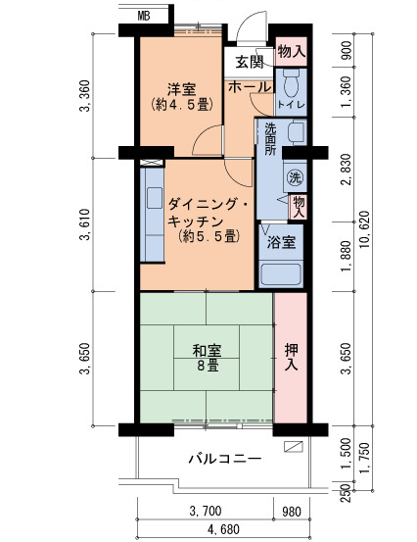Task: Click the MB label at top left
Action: (x=144, y=16)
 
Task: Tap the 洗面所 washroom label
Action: (x=270, y=139)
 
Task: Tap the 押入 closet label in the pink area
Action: (x=291, y=357)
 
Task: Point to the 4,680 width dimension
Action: (x=222, y=530)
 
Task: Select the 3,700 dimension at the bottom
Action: (x=207, y=511)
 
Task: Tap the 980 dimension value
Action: (x=291, y=511)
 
